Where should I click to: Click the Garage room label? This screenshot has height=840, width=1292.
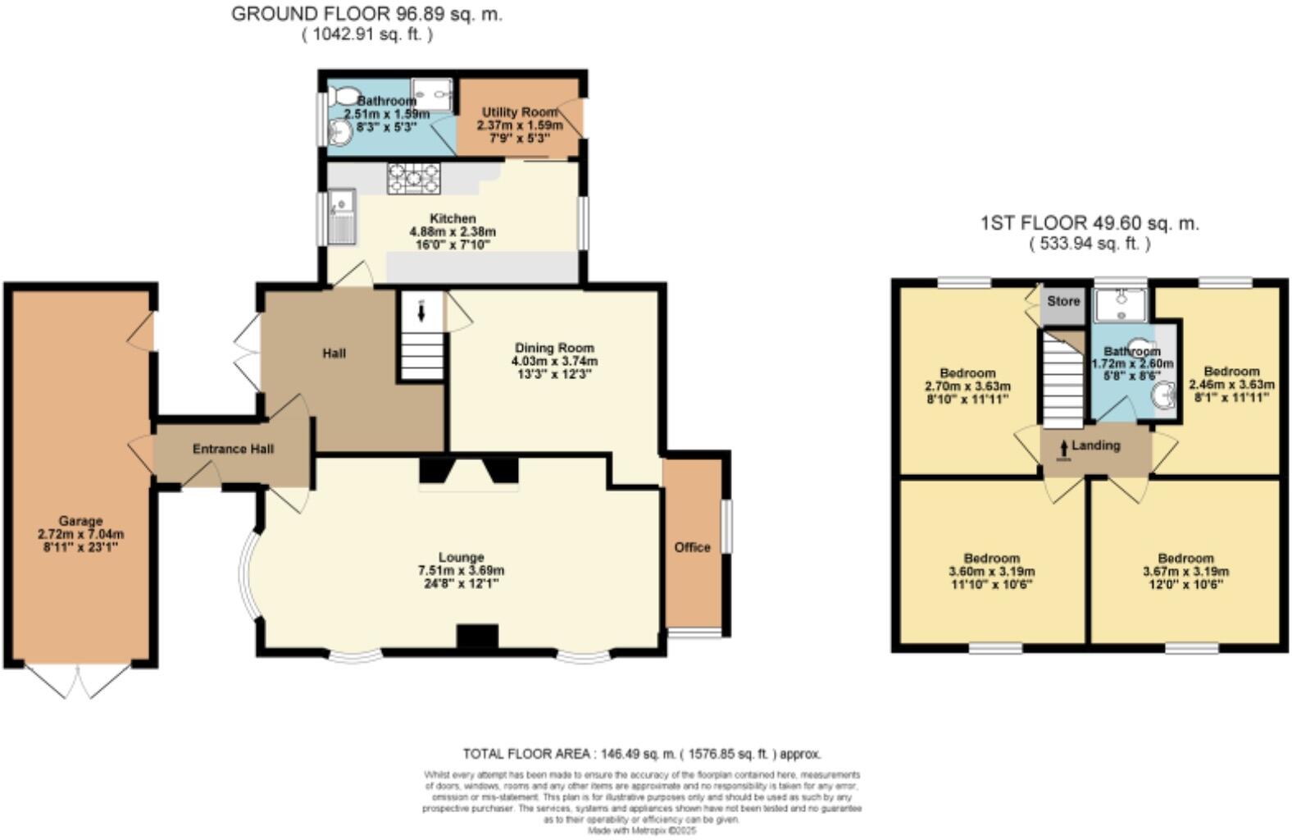(x=80, y=521)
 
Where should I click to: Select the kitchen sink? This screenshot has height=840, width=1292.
(x=341, y=215)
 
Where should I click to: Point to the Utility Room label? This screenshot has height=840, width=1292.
(x=519, y=112)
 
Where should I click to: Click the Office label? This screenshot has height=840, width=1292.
(x=692, y=547)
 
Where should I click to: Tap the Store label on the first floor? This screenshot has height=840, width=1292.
(x=1063, y=301)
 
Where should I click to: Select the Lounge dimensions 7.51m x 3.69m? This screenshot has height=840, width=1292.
(x=461, y=571)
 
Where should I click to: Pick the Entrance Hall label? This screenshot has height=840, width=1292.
(x=233, y=449)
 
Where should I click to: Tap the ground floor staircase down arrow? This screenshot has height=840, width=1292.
(x=421, y=312)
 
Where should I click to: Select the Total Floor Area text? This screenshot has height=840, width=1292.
(x=641, y=753)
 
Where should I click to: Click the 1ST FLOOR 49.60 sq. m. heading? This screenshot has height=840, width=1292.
(x=1090, y=222)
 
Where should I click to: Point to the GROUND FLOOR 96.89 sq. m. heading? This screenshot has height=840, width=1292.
(x=366, y=14)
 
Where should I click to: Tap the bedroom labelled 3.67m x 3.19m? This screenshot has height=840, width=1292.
(x=1185, y=565)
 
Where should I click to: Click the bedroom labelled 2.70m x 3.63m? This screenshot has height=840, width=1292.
(x=967, y=379)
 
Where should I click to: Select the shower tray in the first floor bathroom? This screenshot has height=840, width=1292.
(x=1119, y=304)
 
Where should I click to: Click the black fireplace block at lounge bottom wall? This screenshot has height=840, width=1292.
(x=477, y=637)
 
